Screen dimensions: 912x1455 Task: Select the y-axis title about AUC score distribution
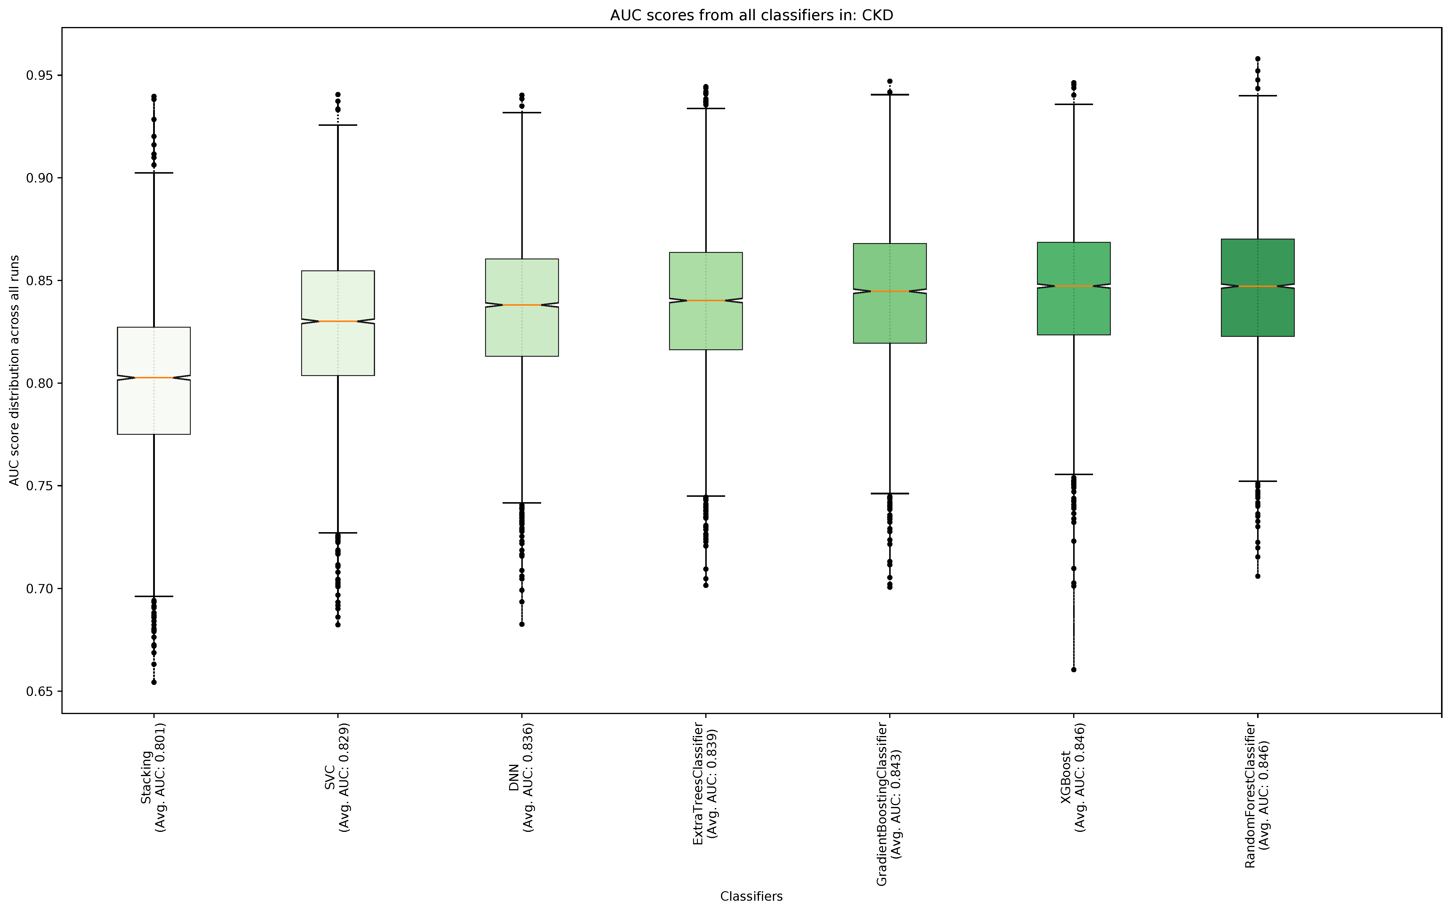[x=15, y=370]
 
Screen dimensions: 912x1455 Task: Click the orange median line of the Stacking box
[x=154, y=378]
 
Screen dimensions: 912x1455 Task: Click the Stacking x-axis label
[x=154, y=792]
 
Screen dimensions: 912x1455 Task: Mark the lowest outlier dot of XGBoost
[x=1073, y=670]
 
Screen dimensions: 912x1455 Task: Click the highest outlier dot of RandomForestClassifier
[x=1257, y=59]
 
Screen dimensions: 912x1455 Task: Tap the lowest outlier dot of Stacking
[x=154, y=682]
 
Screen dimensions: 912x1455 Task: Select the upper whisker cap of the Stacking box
[x=154, y=173]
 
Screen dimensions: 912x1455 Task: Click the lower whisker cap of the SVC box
[x=338, y=533]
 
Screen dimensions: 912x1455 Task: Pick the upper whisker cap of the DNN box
[x=522, y=113]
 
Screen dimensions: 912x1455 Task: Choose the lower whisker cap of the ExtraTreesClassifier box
[x=706, y=496]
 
